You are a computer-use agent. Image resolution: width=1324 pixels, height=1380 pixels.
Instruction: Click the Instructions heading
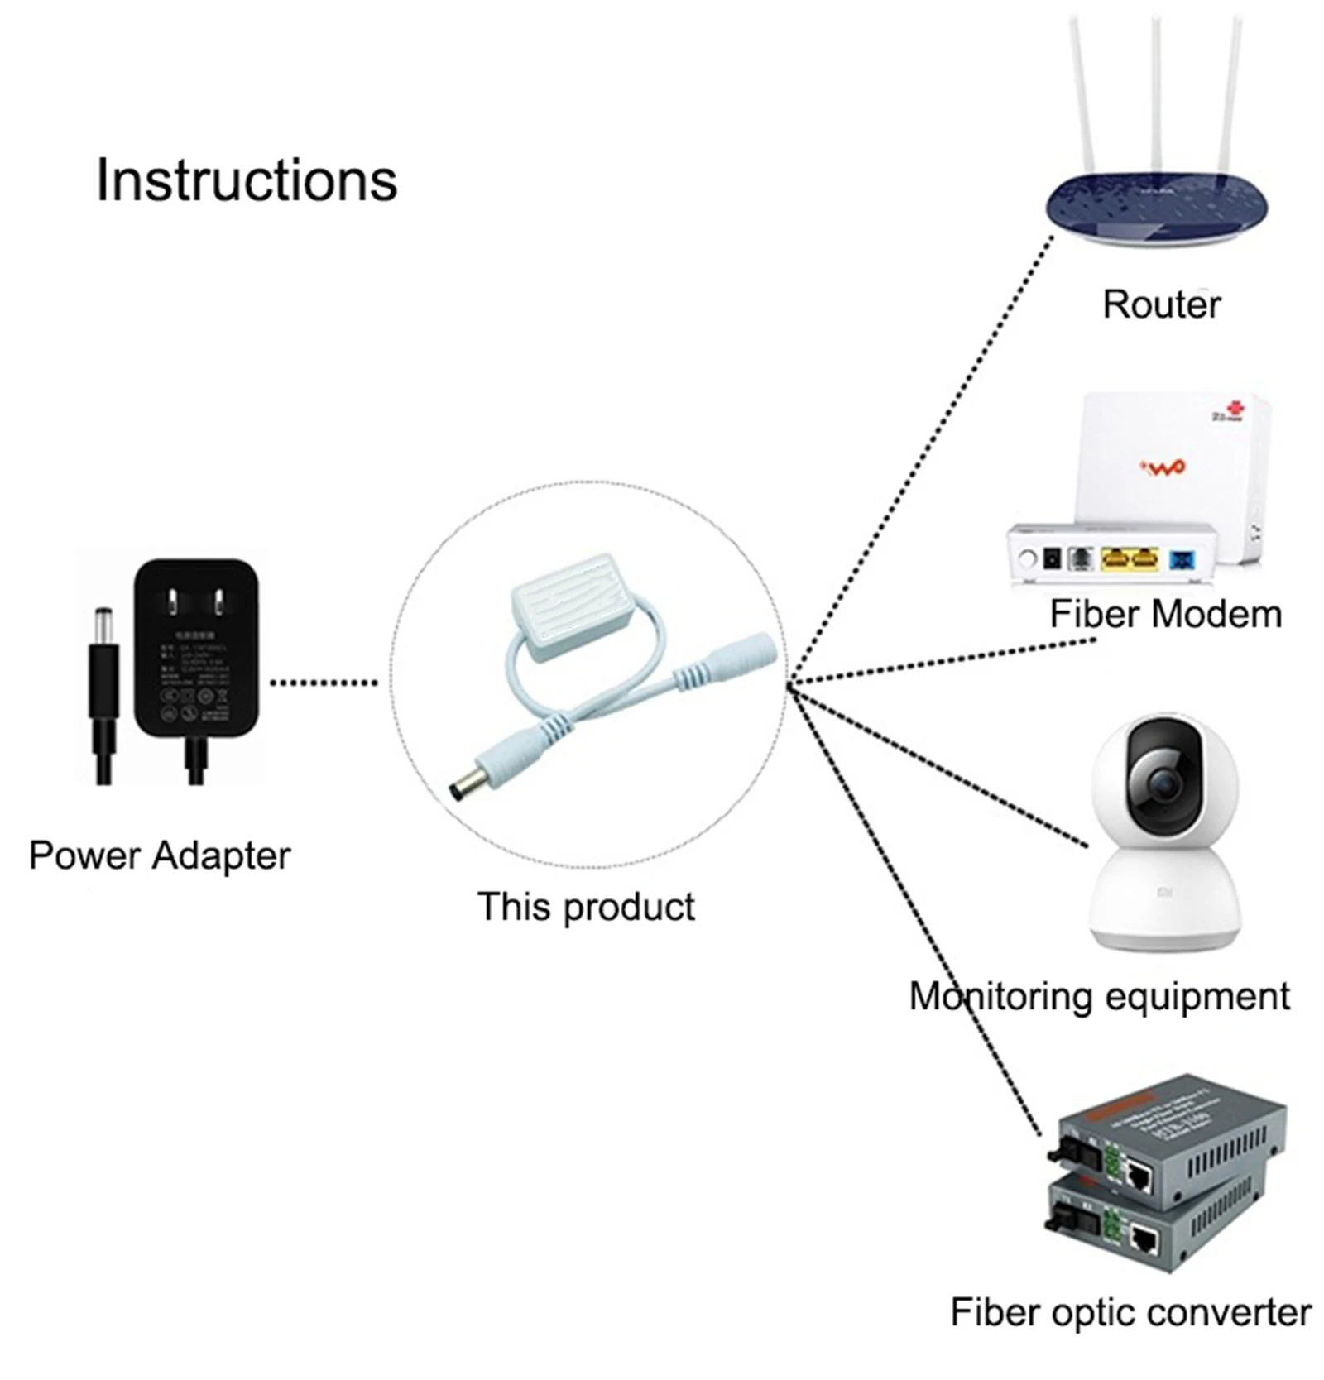(247, 180)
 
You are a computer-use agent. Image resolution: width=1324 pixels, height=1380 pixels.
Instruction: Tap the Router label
(1161, 304)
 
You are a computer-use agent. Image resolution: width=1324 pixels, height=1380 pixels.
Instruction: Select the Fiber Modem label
(1165, 615)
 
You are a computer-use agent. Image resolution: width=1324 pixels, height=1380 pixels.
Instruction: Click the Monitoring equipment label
(1099, 996)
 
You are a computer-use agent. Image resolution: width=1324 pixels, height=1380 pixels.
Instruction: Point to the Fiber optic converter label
(1130, 1312)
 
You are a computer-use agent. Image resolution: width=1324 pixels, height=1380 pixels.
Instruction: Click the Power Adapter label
(160, 855)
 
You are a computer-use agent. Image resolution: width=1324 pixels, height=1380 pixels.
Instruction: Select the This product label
(586, 907)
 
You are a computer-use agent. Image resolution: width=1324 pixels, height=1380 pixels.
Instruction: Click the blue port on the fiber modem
(1182, 560)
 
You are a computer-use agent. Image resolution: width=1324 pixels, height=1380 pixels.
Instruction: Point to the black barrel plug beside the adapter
(103, 662)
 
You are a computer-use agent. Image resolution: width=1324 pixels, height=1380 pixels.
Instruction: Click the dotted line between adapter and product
(324, 683)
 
